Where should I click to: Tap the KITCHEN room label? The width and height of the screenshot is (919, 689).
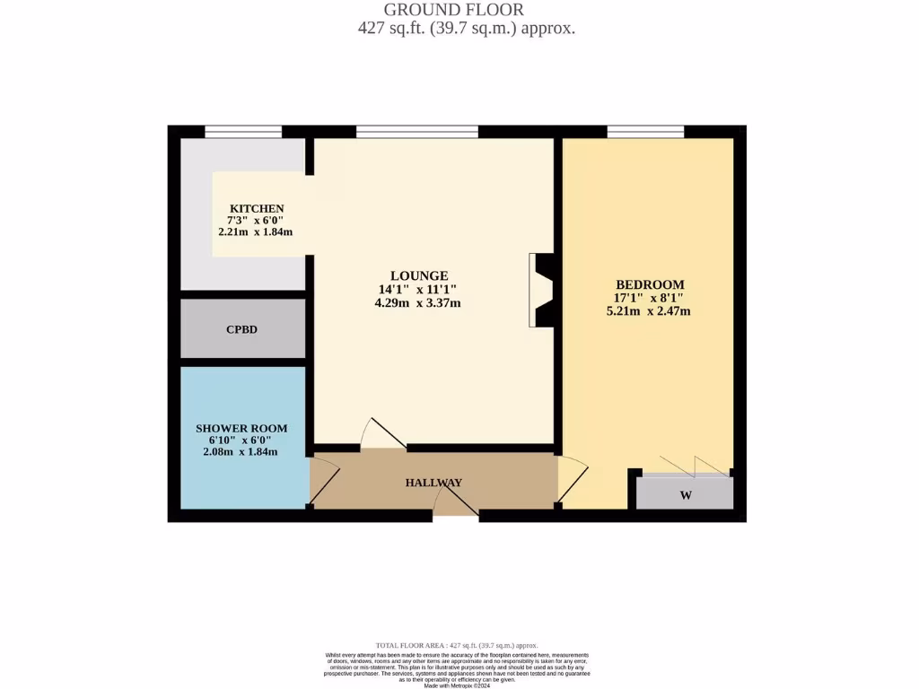pos(256,208)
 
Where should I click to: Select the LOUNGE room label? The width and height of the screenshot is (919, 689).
pos(418,275)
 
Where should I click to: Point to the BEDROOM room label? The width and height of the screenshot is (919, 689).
pos(648,284)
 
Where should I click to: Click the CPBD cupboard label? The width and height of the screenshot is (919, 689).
pos(241,329)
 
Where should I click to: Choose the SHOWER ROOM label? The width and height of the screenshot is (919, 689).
pos(241,429)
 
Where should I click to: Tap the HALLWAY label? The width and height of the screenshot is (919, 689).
pos(433,483)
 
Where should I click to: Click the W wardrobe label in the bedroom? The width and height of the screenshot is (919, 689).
pos(685,494)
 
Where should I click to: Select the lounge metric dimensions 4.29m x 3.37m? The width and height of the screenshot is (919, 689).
pos(418,303)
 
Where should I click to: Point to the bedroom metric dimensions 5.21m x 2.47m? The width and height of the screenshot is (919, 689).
pos(648,311)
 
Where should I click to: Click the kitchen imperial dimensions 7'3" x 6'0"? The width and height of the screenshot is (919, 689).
pos(256,220)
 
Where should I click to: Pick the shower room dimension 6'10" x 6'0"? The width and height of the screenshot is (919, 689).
pos(241,440)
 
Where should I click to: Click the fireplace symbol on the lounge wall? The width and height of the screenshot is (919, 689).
pos(541,290)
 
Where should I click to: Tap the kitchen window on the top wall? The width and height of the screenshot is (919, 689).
pos(242,132)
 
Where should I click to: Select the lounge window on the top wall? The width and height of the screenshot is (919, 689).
pos(416,132)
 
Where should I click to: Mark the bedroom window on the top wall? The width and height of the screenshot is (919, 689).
pos(645,132)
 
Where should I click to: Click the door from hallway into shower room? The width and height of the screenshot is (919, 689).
pos(323,483)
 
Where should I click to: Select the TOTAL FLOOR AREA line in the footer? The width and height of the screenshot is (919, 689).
pos(456,645)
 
